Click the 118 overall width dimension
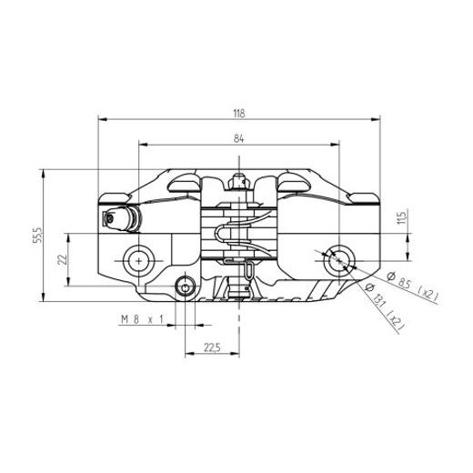click(238, 113)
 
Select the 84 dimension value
click(238, 138)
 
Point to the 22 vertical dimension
click(62, 260)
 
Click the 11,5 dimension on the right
click(401, 218)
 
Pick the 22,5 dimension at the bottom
click(212, 347)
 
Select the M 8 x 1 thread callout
click(141, 320)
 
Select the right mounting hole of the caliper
click(338, 260)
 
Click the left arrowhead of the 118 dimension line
click(100, 119)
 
